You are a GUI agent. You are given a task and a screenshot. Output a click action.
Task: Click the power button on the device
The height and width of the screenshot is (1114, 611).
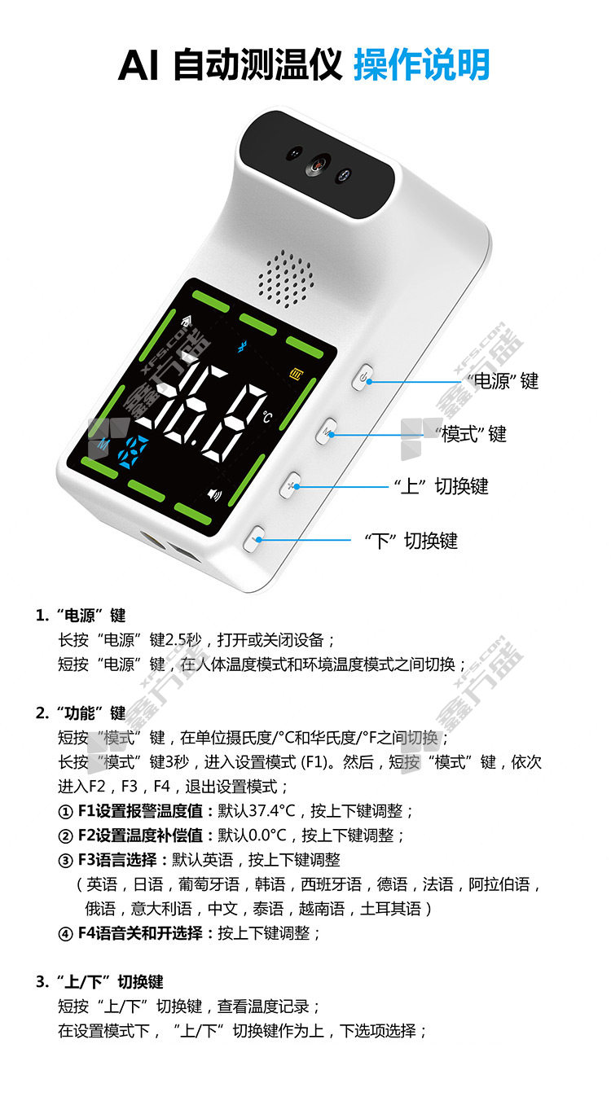click(x=363, y=378)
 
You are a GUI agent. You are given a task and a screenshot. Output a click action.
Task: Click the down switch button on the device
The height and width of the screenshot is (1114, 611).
click(x=255, y=538)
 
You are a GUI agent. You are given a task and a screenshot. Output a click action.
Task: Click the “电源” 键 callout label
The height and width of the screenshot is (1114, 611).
click(x=503, y=381)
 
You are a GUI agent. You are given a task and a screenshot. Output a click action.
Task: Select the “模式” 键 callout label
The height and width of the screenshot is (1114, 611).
click(x=471, y=434)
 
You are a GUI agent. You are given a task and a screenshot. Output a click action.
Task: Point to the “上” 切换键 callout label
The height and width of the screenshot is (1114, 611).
click(x=441, y=486)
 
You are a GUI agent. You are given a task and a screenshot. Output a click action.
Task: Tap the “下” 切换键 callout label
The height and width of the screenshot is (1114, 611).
click(x=411, y=541)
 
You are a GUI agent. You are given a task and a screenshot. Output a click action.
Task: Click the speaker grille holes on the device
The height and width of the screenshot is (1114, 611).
click(x=286, y=279)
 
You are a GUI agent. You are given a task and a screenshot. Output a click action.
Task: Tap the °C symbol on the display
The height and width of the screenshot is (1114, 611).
click(x=267, y=417)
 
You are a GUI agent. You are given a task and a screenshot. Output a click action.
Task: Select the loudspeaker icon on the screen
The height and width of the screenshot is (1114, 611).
click(x=214, y=494)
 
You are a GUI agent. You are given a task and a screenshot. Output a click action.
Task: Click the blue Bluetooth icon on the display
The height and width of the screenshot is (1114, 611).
click(x=242, y=347)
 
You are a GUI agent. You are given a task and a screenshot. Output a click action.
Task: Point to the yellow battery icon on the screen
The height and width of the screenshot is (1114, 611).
click(x=296, y=373)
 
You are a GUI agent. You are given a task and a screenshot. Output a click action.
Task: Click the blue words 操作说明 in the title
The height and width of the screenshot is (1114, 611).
click(x=422, y=64)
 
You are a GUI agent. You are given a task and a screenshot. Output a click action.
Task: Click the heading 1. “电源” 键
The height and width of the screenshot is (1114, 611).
click(x=81, y=615)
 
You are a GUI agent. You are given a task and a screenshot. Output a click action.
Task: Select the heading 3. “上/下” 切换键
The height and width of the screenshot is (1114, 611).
click(x=99, y=982)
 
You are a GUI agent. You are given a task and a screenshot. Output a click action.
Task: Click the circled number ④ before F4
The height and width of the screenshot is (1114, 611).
click(x=66, y=934)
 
